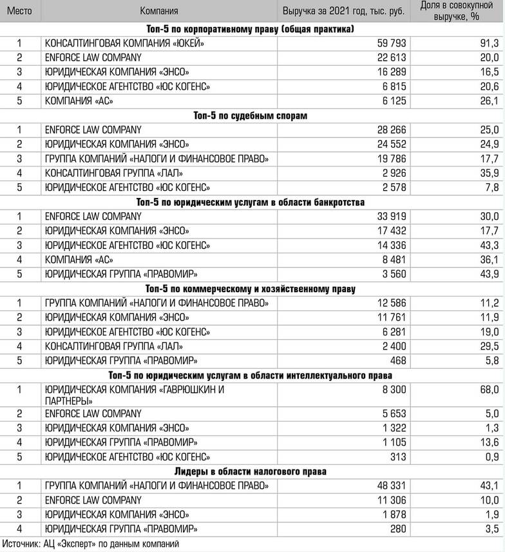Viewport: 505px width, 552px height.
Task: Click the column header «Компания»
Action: tap(159, 11)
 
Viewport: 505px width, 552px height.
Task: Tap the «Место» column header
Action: tap(20, 11)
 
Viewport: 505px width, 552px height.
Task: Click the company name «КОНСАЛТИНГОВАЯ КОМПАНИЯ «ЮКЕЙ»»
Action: tap(124, 43)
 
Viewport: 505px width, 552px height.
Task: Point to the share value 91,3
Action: tap(489, 43)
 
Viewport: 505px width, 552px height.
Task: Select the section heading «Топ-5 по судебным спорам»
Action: tap(251, 115)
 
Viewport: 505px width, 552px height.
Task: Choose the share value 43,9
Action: tap(489, 274)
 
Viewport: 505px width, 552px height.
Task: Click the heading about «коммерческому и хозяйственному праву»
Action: tap(251, 288)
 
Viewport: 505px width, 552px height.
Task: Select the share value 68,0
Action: tap(489, 389)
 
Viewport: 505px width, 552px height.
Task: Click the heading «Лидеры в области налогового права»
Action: tap(251, 471)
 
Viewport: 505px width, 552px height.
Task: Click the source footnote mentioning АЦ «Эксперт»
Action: tap(90, 544)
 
